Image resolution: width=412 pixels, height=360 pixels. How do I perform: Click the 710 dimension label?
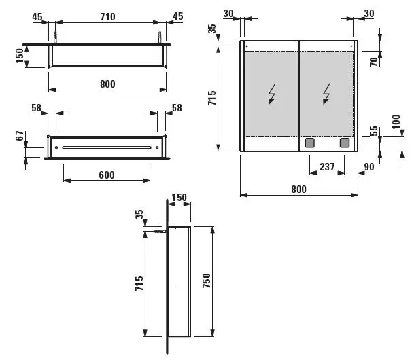[x=107, y=17]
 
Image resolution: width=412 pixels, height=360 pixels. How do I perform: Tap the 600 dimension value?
[x=107, y=175]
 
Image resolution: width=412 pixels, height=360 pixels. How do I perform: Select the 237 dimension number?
[x=327, y=166]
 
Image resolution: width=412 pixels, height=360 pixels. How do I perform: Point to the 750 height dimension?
[x=207, y=281]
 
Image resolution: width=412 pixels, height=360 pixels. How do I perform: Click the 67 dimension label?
[x=20, y=136]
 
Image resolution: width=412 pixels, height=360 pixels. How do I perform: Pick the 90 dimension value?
[x=369, y=166]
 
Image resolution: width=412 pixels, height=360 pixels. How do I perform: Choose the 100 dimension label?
[x=396, y=122]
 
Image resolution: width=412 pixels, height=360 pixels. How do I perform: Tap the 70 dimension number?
[x=374, y=62]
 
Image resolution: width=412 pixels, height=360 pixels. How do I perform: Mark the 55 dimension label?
[x=374, y=131]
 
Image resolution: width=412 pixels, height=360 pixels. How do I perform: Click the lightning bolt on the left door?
[x=272, y=94]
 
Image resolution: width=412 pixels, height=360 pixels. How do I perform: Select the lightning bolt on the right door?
[x=326, y=94]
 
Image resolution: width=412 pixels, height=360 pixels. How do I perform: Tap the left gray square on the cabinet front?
[x=310, y=143]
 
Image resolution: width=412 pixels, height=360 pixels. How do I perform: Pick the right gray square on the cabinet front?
[x=345, y=143]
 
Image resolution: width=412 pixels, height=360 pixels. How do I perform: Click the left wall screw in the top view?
[x=55, y=37]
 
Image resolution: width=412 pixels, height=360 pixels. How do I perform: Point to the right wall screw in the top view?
[x=160, y=37]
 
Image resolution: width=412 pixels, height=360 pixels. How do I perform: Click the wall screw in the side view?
[x=160, y=232]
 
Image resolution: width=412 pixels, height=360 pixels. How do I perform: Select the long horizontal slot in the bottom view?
[x=107, y=147]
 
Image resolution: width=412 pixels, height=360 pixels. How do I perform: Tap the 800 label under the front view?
[x=298, y=189]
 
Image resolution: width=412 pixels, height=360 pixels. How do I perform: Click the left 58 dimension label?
[x=37, y=107]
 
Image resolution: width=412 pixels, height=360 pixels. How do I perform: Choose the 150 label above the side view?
[x=179, y=198]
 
